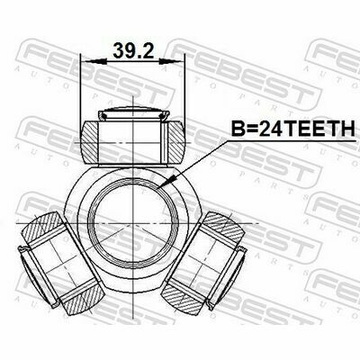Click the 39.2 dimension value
(133, 50)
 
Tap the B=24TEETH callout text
(292, 130)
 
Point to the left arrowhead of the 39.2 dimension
(94, 61)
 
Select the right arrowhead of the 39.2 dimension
(171, 61)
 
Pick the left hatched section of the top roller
(89, 142)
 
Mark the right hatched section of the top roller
(175, 142)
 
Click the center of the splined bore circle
(133, 223)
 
